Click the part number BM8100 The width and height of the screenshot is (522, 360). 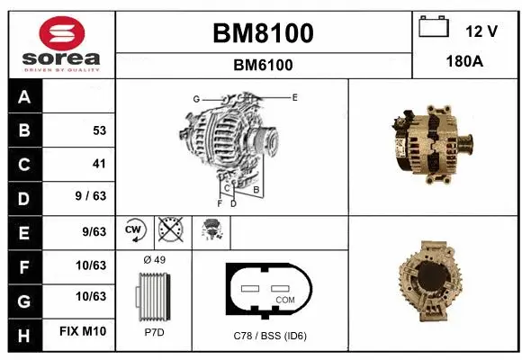pos(263,34)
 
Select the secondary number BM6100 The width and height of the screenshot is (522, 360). pos(263,65)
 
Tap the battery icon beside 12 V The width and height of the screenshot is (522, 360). pos(434,29)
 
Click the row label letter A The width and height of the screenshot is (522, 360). pos(24,96)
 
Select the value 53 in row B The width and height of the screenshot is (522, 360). pos(99,130)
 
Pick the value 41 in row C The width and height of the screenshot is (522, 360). pos(99,164)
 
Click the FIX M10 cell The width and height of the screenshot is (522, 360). pos(83,331)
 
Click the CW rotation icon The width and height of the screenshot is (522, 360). pos(135,231)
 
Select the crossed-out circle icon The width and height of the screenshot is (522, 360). pos(169,231)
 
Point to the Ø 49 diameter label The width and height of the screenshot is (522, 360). pos(154,260)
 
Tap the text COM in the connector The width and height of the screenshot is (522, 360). pos(284,299)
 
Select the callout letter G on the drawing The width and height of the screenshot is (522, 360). pos(195,98)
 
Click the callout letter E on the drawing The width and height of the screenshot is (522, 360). pos(294,96)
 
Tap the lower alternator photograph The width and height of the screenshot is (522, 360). pos(433,283)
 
